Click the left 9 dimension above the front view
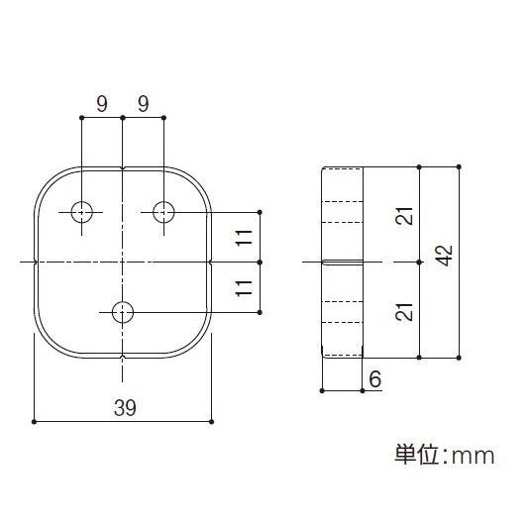coord(102,103)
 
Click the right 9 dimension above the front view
coord(144,103)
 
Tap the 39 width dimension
coord(123,407)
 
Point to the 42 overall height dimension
coord(445,256)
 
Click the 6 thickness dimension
coord(373,378)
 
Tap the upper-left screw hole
coord(81,211)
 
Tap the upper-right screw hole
coord(163,211)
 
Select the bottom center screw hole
coord(123,312)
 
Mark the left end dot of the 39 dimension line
coord(35,422)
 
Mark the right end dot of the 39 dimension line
coord(211,422)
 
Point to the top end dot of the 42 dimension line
coord(459,166)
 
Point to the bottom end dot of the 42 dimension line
coord(459,357)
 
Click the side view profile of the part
coord(342,262)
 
